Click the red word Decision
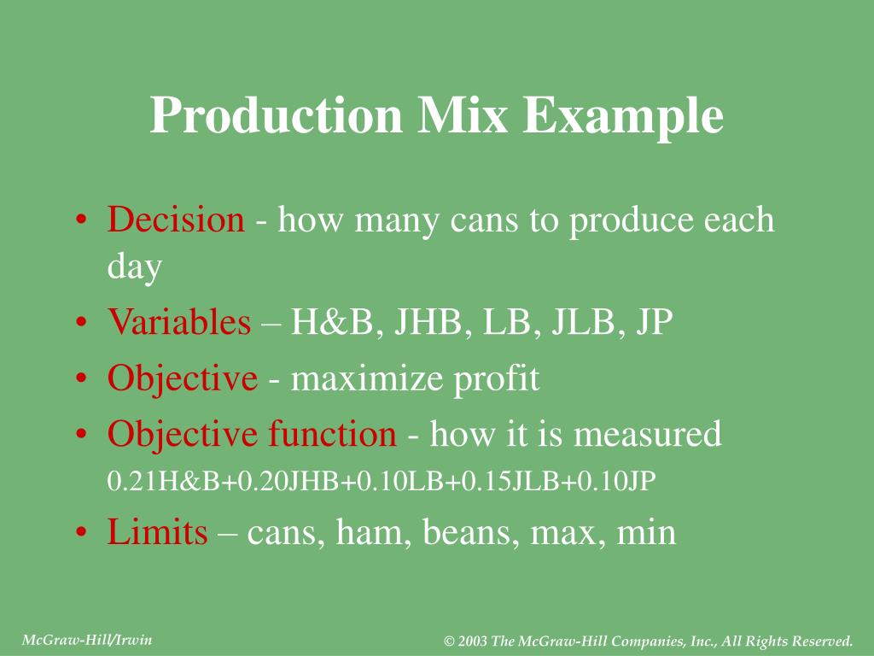pyautogui.click(x=176, y=220)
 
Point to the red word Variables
pyautogui.click(x=179, y=323)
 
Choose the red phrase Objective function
pyautogui.click(x=252, y=435)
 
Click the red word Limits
pyautogui.click(x=157, y=533)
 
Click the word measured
pyautogui.click(x=648, y=435)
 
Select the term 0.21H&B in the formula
pyautogui.click(x=145, y=482)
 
